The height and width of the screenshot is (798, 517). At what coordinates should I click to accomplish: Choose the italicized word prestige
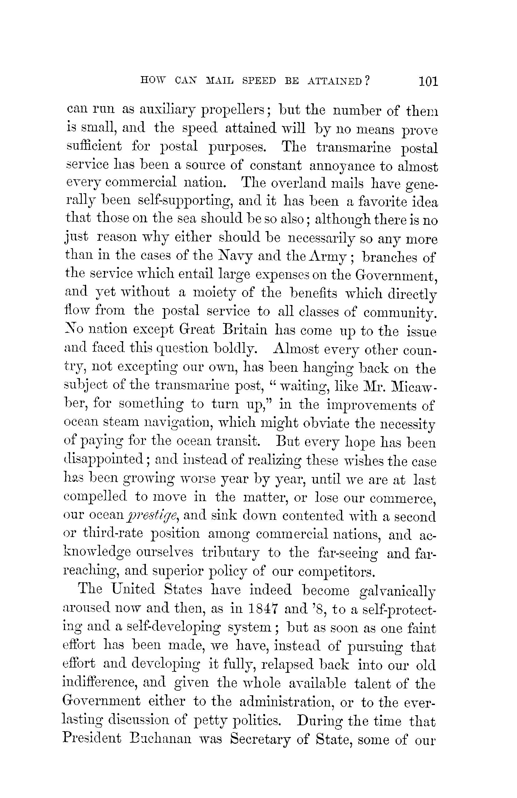[x=154, y=516]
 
